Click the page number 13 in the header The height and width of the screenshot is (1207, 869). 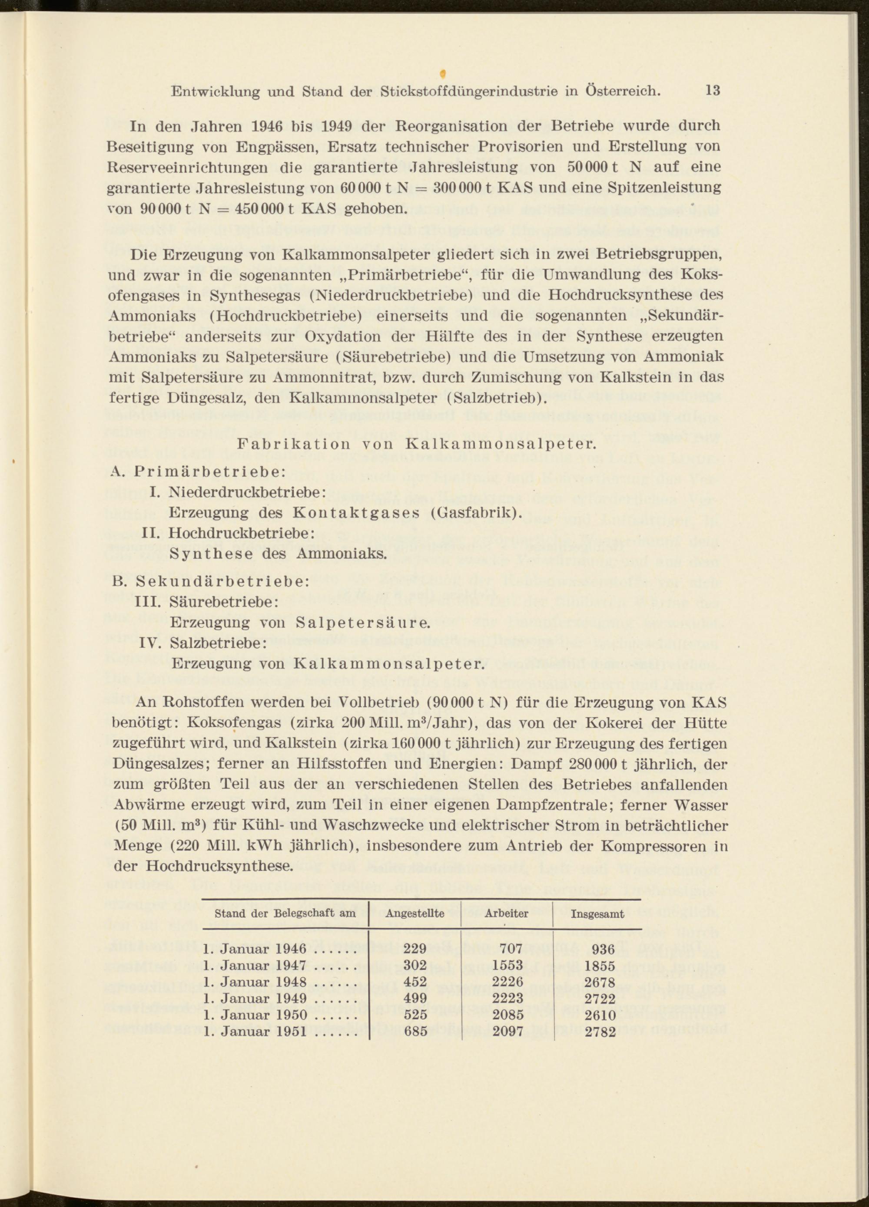tap(713, 90)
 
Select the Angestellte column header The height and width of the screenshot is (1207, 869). tap(415, 914)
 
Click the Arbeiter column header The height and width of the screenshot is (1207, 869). tap(506, 914)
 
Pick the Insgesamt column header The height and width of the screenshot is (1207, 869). tap(597, 915)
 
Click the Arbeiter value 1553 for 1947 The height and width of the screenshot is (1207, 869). tap(508, 966)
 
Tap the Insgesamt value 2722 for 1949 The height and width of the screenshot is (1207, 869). tap(600, 999)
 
